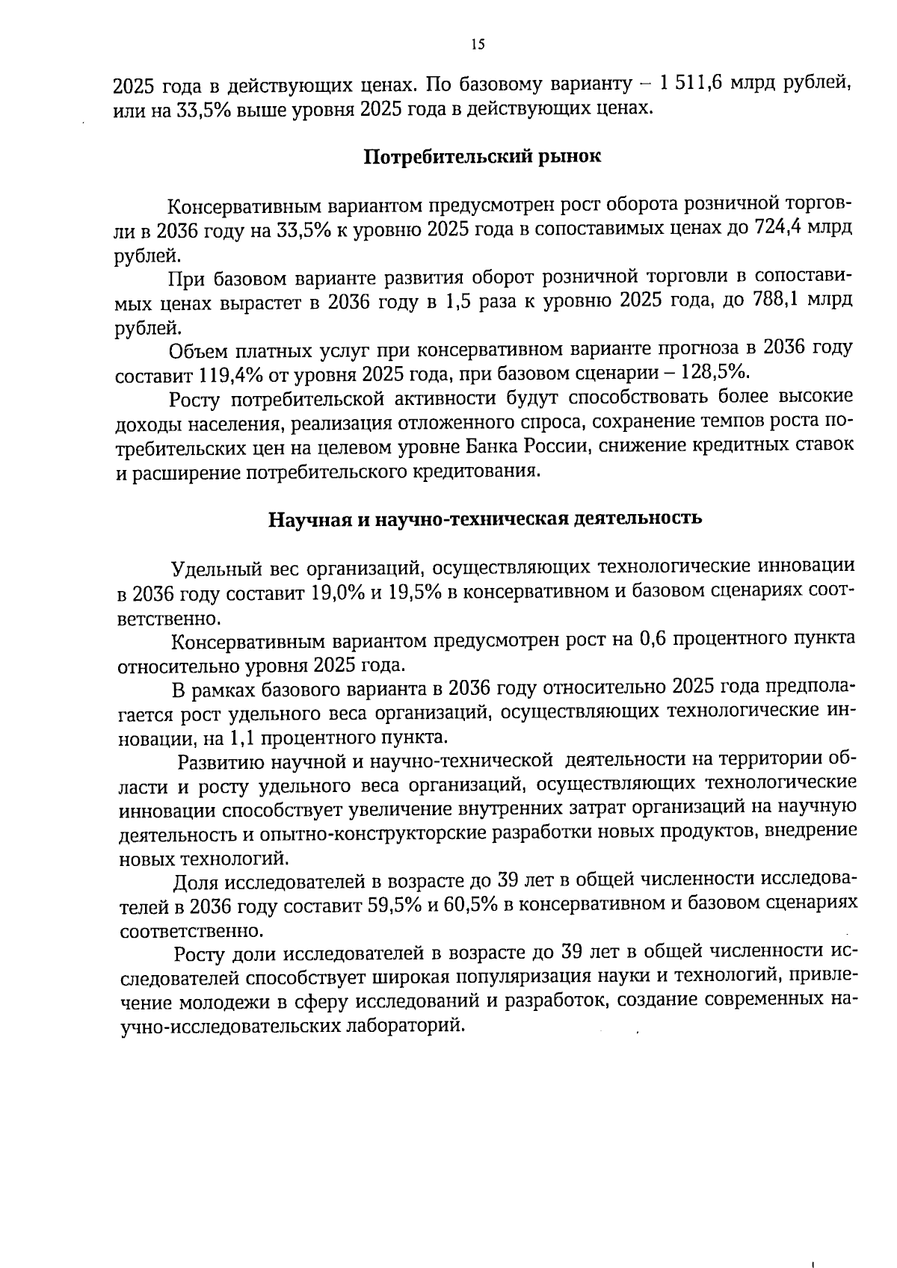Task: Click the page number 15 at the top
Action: pos(478,44)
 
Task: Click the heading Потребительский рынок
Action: pos(482,158)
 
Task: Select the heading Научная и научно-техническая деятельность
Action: pos(485,518)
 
